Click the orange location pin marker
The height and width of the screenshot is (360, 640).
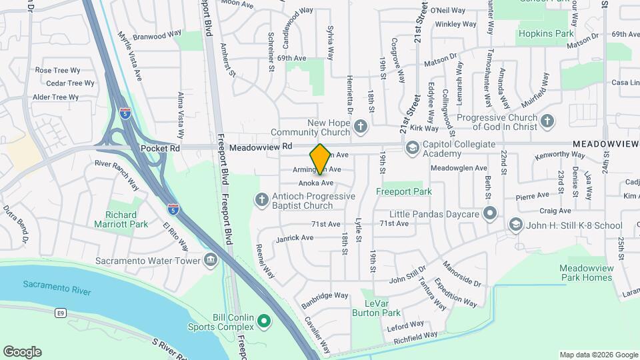(x=321, y=159)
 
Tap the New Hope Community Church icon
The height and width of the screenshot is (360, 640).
(x=361, y=126)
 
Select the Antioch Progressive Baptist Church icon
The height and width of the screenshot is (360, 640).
(x=262, y=199)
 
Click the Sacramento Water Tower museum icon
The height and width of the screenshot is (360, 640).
(x=211, y=259)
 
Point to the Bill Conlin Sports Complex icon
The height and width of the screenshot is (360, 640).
(x=264, y=322)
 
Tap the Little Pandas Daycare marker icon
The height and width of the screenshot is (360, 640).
(x=491, y=213)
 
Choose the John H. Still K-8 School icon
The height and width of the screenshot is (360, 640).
(x=515, y=225)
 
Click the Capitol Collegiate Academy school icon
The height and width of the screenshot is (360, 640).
(x=412, y=147)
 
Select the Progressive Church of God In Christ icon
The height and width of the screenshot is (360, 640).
(x=547, y=121)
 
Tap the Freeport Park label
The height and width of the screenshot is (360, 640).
(x=404, y=191)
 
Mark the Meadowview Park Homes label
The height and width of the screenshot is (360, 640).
(x=585, y=273)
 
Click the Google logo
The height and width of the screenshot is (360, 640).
(x=22, y=352)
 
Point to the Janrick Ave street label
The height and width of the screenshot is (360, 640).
(x=295, y=237)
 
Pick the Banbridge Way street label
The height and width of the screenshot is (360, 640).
(x=325, y=295)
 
